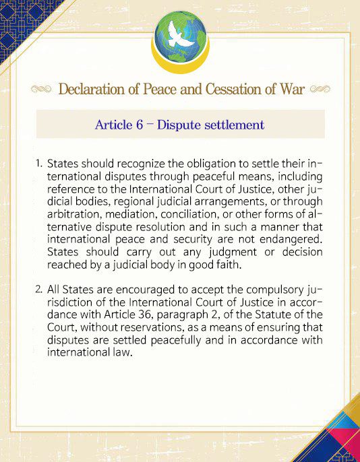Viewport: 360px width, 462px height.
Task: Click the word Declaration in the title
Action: point(94,90)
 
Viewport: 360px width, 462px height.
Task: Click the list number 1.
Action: point(39,164)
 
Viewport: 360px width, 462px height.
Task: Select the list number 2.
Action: point(39,290)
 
